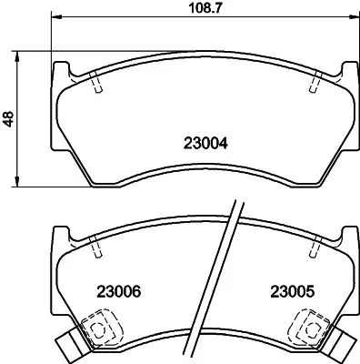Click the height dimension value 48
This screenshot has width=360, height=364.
click(9, 118)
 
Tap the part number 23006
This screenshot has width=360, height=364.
click(118, 293)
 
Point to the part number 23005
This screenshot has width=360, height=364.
click(292, 293)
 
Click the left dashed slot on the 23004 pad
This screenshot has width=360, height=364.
click(96, 84)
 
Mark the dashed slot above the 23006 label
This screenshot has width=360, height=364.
click(96, 248)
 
